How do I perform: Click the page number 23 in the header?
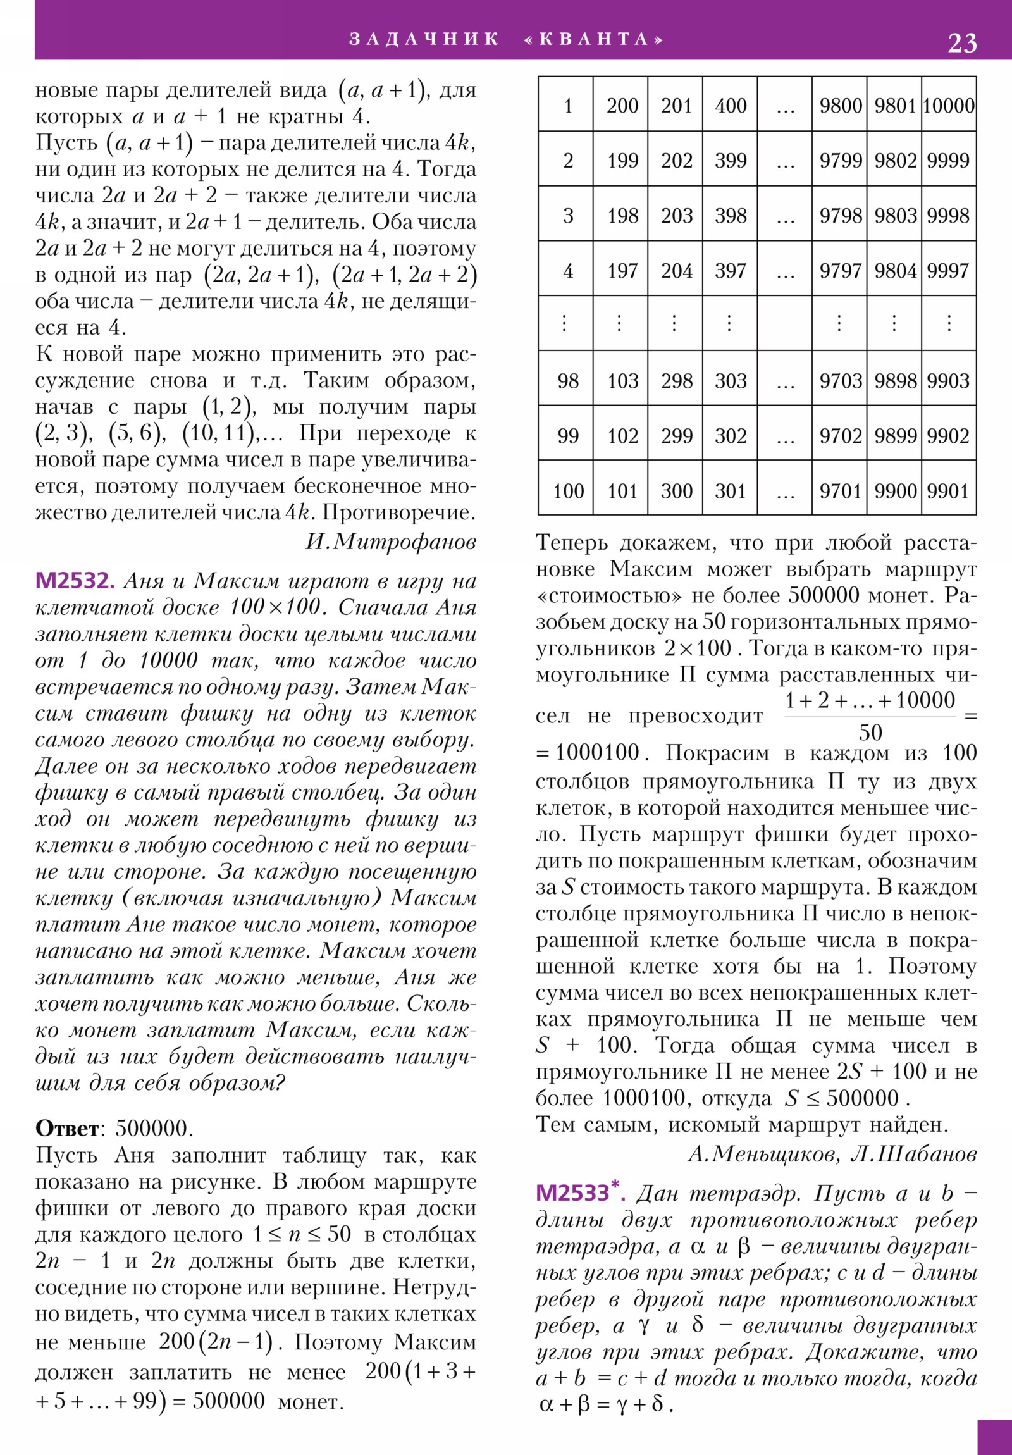(x=961, y=43)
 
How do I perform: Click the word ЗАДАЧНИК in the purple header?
(x=423, y=39)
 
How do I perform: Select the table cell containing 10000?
(x=949, y=105)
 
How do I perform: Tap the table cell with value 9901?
(x=949, y=490)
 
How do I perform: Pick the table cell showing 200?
(x=622, y=105)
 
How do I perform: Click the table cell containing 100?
(x=568, y=490)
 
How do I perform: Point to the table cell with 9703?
(x=840, y=381)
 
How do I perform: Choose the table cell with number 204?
(x=676, y=271)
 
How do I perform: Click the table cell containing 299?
(x=676, y=436)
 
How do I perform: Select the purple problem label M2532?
(x=75, y=581)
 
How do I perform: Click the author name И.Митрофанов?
(x=390, y=541)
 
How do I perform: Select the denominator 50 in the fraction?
(x=870, y=733)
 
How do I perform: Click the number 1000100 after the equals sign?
(x=598, y=753)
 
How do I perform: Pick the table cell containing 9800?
(x=840, y=105)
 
